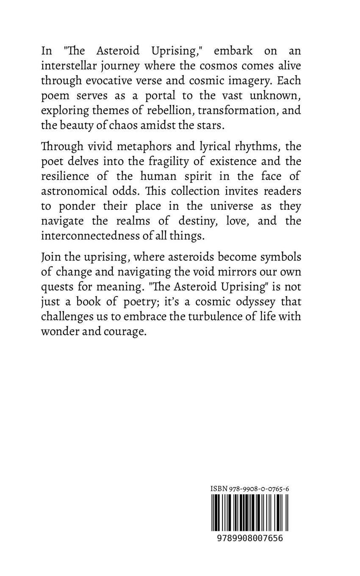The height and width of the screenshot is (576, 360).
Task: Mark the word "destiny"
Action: [205, 221]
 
